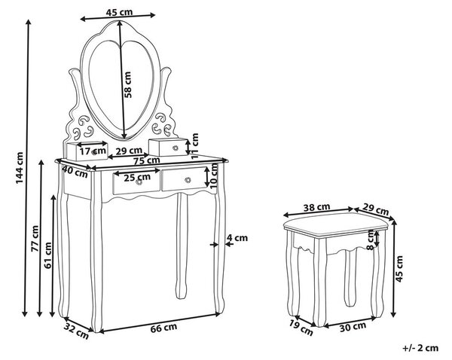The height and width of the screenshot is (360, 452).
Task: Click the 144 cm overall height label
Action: [x=20, y=168]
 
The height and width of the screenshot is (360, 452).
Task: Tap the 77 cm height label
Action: [x=35, y=238]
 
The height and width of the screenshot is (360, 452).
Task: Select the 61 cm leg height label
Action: [x=48, y=255]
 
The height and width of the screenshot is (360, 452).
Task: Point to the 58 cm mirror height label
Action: [x=128, y=84]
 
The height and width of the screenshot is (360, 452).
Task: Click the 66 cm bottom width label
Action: [x=163, y=328]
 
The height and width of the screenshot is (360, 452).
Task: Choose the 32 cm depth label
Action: [x=77, y=331]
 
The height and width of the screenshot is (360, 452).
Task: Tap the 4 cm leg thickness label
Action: [x=237, y=238]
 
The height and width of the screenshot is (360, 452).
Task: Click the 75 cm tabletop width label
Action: [x=147, y=160]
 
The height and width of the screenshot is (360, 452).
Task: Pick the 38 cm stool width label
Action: [x=317, y=207]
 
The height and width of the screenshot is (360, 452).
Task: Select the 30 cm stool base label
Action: [x=353, y=327]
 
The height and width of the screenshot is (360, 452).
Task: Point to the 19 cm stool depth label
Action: [x=301, y=328]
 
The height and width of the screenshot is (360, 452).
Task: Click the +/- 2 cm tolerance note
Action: [x=420, y=348]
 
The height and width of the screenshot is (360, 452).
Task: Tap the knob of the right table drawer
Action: [x=188, y=180]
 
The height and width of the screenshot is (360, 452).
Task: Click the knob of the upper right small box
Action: [x=176, y=148]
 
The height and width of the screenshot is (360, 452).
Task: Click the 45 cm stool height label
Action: [x=399, y=269]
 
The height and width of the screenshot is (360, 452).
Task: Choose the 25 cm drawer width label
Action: [x=137, y=177]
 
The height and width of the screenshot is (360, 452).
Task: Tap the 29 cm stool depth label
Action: [x=376, y=210]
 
